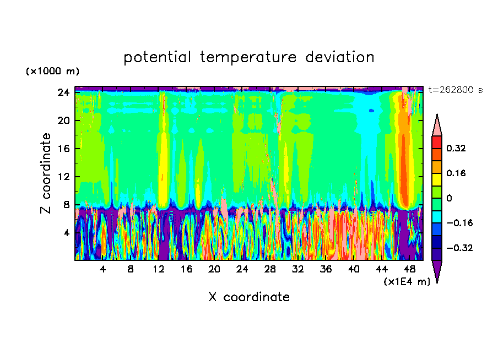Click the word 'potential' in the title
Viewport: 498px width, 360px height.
click(x=157, y=57)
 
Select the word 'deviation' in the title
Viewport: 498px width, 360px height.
click(x=340, y=57)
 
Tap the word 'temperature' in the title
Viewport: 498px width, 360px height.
click(x=248, y=57)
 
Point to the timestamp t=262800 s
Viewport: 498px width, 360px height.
click(x=456, y=90)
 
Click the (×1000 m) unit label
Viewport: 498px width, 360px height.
click(x=52, y=71)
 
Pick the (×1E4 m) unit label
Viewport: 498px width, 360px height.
click(x=407, y=281)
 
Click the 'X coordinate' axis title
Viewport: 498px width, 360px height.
click(x=249, y=297)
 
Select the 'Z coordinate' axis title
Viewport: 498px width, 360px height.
click(x=45, y=173)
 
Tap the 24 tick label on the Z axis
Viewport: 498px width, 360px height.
click(x=63, y=92)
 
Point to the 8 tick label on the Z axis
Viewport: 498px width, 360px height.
click(x=66, y=205)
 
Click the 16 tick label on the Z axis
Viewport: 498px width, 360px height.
click(x=63, y=149)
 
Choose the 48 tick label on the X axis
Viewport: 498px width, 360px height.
click(x=409, y=269)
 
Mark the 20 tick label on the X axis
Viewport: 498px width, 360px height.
click(x=214, y=269)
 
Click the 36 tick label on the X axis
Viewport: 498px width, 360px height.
click(x=326, y=269)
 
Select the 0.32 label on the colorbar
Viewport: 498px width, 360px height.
click(x=456, y=148)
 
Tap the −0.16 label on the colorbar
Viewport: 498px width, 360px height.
click(x=459, y=223)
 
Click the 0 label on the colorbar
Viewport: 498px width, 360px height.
click(x=449, y=198)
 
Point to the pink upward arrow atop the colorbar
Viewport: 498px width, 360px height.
click(x=437, y=125)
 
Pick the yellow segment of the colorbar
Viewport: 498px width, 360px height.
click(x=437, y=179)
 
